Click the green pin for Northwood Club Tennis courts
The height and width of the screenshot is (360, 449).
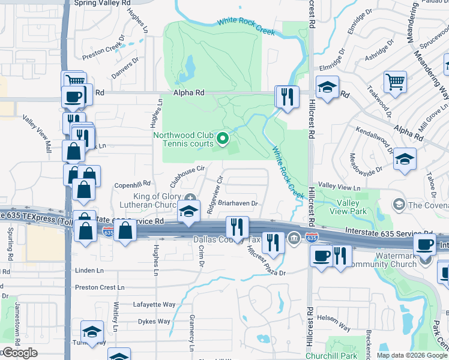pos(223,139)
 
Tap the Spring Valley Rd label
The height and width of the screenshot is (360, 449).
pos(102,3)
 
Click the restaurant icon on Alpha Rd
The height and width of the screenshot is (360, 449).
pos(287,97)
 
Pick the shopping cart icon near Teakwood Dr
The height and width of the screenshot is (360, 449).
pos(395,82)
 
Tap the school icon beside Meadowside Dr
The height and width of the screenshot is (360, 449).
pos(405,160)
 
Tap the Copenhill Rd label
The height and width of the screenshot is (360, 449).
pos(133,184)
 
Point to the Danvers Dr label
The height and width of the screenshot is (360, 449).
pos(125,68)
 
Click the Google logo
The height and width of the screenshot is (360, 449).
pos(19,353)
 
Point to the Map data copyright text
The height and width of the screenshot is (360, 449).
pos(412,355)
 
